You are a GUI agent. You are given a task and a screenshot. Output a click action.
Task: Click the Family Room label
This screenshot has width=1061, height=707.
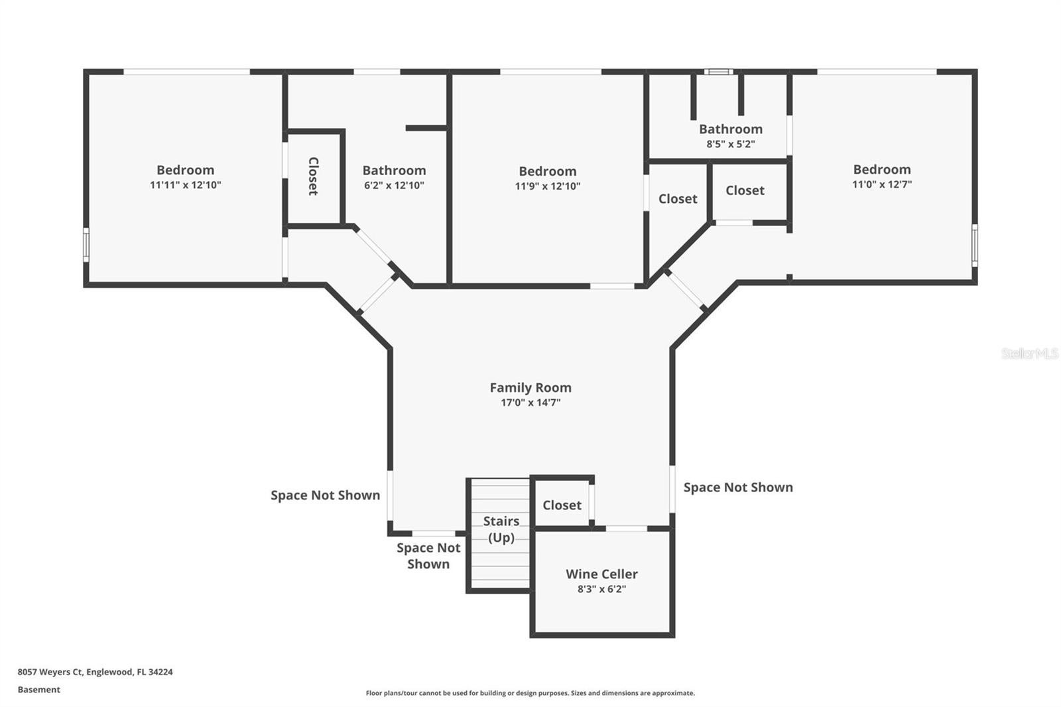tap(530, 387)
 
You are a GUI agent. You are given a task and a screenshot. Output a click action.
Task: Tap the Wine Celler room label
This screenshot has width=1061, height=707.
tap(601, 574)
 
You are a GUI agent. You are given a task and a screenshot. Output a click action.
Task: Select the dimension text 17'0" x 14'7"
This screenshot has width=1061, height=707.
tap(530, 403)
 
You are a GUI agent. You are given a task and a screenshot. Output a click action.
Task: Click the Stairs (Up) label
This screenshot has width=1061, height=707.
tap(501, 529)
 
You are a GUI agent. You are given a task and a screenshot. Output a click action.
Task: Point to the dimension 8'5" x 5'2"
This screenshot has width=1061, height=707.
tap(730, 143)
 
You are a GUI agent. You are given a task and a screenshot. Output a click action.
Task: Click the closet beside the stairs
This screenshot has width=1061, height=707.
tap(562, 505)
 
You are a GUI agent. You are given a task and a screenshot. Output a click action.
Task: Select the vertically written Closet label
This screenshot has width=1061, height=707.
tap(313, 176)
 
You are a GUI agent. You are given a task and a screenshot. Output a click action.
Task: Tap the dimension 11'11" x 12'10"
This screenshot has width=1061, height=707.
tap(185, 185)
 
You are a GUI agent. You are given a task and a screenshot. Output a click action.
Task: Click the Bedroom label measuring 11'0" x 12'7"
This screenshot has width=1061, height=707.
tap(881, 169)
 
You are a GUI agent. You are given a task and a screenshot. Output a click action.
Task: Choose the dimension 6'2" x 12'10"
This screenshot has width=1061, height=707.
tap(394, 186)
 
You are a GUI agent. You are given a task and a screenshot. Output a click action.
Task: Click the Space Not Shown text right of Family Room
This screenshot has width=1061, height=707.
tap(737, 487)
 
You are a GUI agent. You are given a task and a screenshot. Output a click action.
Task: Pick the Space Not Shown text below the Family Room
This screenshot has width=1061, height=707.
tap(428, 555)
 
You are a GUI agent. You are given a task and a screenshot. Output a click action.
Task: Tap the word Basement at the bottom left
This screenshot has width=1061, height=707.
tap(38, 689)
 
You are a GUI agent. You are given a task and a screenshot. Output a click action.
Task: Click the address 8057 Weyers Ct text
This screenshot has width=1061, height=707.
tap(95, 671)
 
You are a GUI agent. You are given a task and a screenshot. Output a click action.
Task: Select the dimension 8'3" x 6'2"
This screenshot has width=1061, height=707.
tap(601, 588)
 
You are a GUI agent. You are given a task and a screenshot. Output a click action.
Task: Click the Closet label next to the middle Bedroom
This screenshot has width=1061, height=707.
tap(677, 198)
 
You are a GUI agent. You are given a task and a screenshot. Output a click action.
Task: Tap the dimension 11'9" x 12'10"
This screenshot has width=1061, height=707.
tap(547, 186)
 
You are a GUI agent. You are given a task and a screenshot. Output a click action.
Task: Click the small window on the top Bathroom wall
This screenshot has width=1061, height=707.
tap(718, 72)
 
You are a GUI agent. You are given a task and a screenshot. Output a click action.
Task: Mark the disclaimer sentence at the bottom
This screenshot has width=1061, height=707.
tap(530, 693)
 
